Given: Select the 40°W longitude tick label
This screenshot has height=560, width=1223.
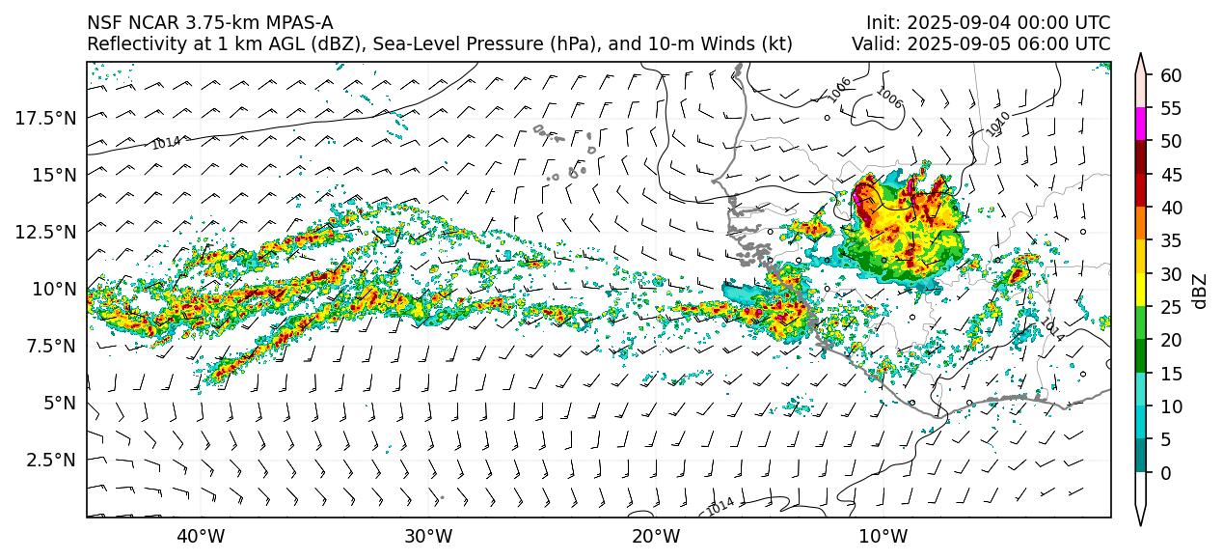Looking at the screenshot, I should click(x=201, y=536).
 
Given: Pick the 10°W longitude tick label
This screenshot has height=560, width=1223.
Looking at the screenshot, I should click(x=883, y=536).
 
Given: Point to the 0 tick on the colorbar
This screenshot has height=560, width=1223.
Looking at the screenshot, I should click(x=1165, y=473).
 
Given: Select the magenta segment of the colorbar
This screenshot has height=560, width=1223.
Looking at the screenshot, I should click(x=1141, y=125).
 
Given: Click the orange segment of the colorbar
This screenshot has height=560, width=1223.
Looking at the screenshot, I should click(x=1141, y=224).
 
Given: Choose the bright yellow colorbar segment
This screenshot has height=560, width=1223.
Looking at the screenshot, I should click(x=1141, y=291).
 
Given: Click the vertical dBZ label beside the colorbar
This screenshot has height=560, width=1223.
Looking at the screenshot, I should click(x=1200, y=291).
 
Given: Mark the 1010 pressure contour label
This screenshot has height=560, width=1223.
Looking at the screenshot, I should click(x=998, y=124).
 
